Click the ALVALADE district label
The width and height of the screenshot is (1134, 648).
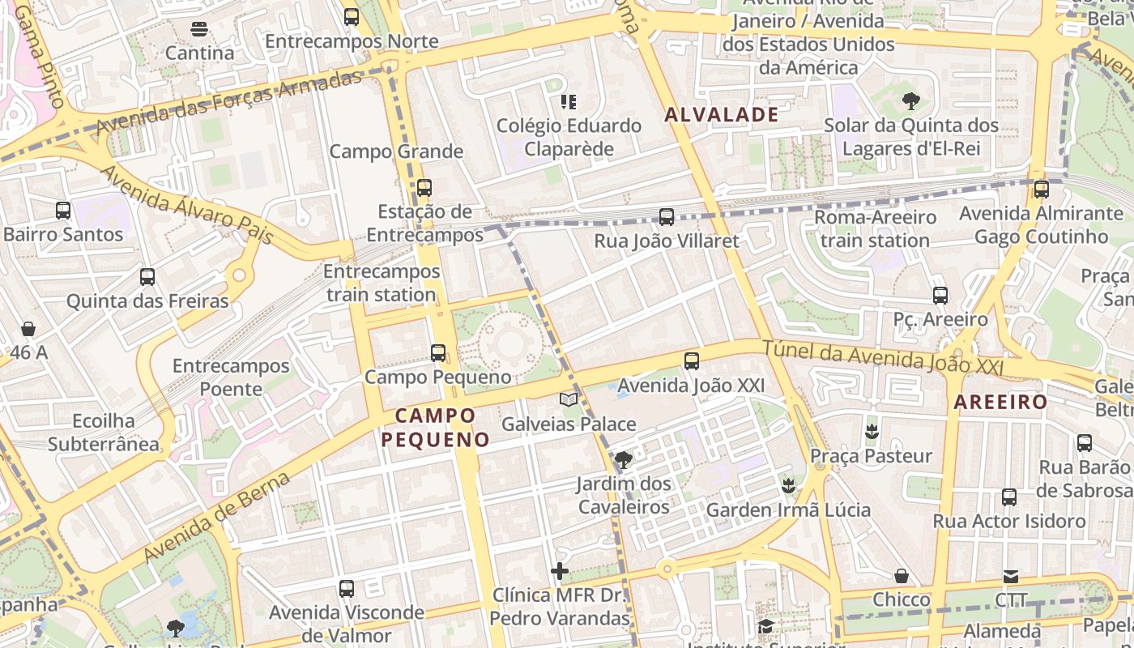point(721,115)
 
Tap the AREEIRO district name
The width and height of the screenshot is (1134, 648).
point(1000,402)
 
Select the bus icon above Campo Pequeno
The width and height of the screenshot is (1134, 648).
point(438,352)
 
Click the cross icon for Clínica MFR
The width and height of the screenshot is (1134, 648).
point(559,571)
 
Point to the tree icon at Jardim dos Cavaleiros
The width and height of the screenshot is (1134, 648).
point(623,460)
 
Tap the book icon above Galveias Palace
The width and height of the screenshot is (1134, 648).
point(569,399)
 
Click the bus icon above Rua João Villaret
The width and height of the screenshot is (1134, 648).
point(667,216)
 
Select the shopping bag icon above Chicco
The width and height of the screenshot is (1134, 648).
point(902,576)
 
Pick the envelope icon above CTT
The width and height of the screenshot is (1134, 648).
point(1011,577)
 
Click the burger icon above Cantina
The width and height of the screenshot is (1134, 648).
point(199,29)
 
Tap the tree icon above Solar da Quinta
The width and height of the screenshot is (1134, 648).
point(911,101)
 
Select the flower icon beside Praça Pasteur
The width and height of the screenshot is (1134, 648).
point(872,431)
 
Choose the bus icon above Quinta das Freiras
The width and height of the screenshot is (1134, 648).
point(147,277)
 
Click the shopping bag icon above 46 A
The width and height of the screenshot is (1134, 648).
point(28,329)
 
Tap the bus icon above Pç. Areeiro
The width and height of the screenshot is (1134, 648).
point(940,296)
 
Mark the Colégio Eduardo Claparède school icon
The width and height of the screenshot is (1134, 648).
point(569,102)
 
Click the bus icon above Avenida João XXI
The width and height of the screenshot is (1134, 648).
point(692,361)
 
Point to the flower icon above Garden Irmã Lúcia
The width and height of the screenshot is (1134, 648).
point(787,486)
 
